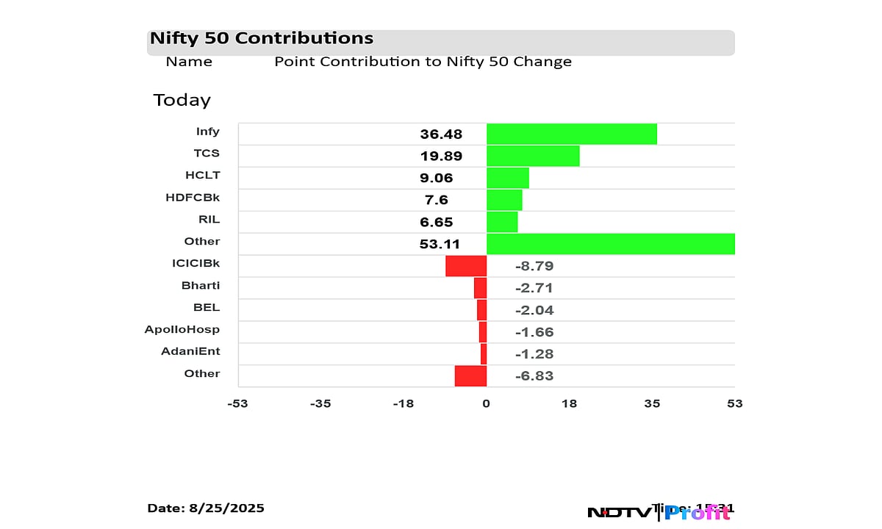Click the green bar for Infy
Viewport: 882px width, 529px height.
click(571, 134)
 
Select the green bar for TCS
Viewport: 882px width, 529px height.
click(533, 156)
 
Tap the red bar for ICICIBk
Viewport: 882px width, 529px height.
click(466, 266)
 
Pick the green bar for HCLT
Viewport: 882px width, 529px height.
click(507, 178)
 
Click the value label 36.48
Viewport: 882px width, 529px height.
click(441, 134)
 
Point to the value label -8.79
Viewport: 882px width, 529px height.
click(534, 266)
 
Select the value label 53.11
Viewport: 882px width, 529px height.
click(440, 244)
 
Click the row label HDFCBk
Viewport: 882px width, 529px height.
click(193, 198)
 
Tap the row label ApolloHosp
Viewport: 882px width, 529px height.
click(182, 330)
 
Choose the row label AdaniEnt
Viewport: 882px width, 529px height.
click(190, 352)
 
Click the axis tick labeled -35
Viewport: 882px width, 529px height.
click(320, 403)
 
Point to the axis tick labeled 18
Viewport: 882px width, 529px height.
click(569, 403)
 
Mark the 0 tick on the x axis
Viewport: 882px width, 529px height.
click(486, 403)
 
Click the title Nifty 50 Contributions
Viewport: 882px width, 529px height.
click(262, 38)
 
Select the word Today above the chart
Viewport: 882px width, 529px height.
click(182, 100)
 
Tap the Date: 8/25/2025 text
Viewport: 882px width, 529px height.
click(206, 508)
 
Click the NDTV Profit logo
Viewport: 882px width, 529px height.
click(658, 512)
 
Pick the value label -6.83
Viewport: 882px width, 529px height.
click(534, 376)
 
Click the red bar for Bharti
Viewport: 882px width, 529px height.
click(480, 288)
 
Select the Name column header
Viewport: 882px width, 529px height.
click(189, 62)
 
